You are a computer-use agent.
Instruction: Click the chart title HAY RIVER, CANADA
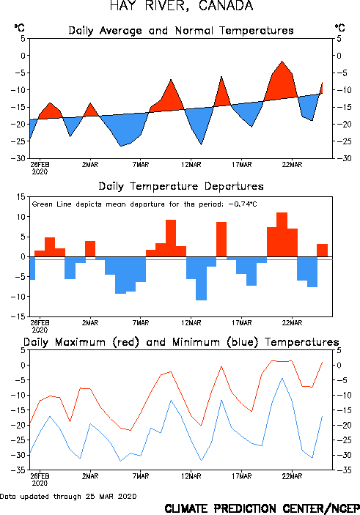182,6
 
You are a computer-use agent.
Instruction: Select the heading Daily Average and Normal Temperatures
181,31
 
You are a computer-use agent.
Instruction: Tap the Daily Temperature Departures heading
181,186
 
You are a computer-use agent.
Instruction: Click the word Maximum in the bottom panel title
80,342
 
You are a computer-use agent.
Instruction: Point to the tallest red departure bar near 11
282,234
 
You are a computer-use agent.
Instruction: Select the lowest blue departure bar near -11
201,278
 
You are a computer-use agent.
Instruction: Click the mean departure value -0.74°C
243,204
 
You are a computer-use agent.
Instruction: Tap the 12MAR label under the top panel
191,165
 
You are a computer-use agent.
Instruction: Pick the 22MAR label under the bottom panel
292,476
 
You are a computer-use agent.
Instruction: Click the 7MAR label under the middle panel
141,323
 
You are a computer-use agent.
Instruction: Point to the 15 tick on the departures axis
21,197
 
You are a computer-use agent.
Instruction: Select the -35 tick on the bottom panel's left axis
18,470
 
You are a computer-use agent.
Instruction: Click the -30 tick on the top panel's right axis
342,158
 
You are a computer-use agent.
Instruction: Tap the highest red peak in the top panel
282,62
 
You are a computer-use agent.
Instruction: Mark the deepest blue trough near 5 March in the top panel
121,147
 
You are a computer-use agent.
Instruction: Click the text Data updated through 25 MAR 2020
68,496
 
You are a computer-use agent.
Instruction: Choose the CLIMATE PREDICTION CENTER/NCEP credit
262,508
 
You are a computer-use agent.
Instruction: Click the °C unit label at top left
19,28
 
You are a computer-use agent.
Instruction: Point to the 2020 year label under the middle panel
40,330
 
